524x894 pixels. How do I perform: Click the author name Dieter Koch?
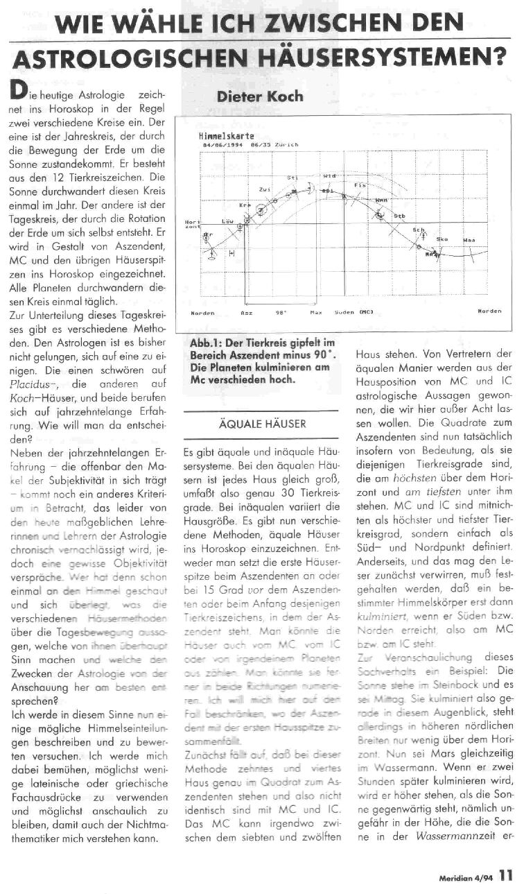[x=261, y=97]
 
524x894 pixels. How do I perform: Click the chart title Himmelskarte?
[x=216, y=137]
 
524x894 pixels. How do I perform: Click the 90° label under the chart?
[x=281, y=312]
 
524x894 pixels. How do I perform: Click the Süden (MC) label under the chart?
[x=353, y=312]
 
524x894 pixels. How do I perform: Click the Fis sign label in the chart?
[x=359, y=185]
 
